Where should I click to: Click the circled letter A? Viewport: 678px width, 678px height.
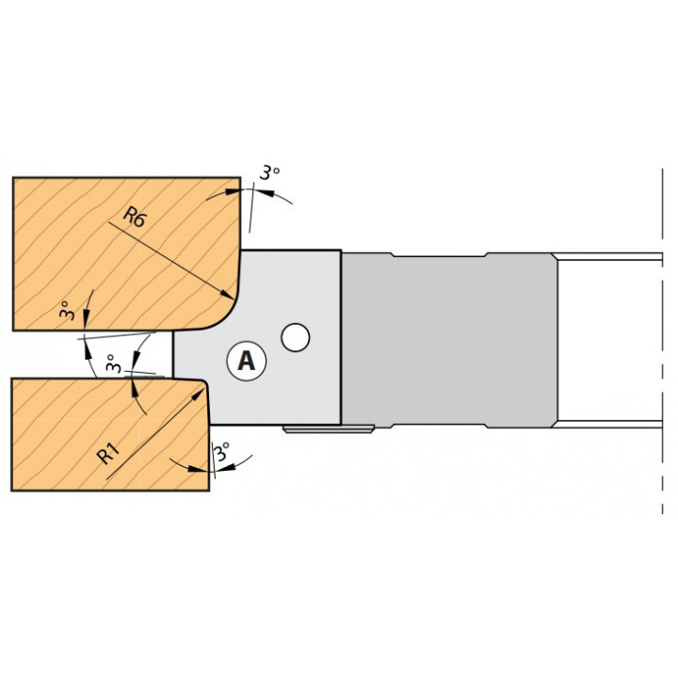click(247, 361)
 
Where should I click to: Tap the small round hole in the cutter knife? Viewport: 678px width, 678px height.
click(296, 337)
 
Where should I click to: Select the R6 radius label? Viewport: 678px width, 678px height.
click(134, 217)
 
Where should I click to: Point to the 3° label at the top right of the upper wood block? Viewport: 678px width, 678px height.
click(269, 172)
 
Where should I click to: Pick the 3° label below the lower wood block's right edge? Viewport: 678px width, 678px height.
click(221, 452)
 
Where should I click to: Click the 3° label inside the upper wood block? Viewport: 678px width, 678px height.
click(67, 310)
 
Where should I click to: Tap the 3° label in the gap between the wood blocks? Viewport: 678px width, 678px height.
click(113, 363)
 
